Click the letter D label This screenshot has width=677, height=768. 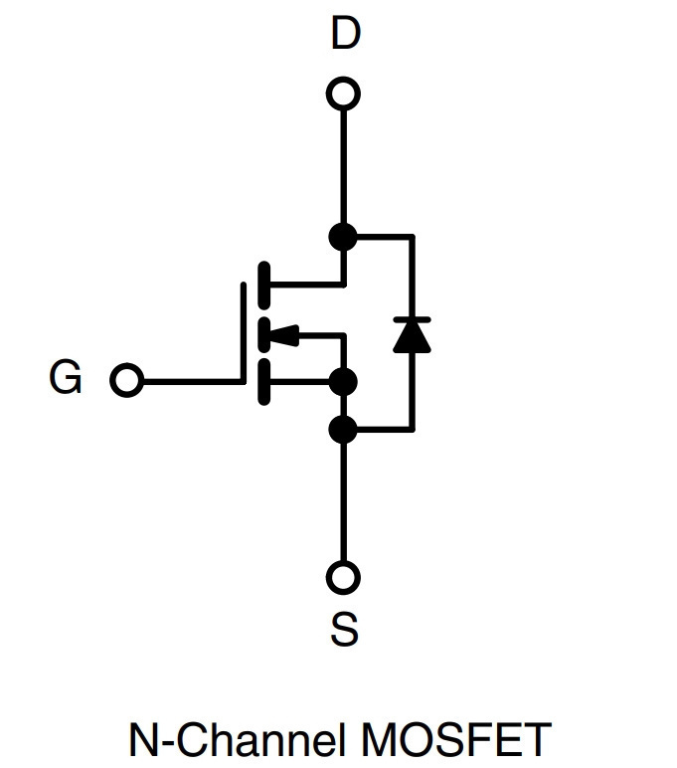(x=346, y=33)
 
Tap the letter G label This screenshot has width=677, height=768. (x=65, y=377)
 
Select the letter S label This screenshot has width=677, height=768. (x=344, y=629)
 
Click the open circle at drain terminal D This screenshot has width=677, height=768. (x=344, y=94)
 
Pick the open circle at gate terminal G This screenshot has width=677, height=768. (x=127, y=380)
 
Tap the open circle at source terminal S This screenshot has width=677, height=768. (x=343, y=577)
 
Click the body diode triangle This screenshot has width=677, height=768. (x=413, y=336)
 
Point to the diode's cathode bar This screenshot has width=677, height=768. (x=413, y=320)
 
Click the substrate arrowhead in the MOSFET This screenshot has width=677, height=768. (x=283, y=335)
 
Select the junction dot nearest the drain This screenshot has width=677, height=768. (x=343, y=237)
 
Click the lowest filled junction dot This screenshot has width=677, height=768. (x=343, y=430)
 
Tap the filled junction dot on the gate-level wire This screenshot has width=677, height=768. (x=343, y=382)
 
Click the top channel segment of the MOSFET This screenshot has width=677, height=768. (x=263, y=286)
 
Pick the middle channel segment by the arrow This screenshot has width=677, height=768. (x=263, y=335)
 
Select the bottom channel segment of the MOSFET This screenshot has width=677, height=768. (x=263, y=382)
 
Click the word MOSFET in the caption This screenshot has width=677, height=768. (x=455, y=739)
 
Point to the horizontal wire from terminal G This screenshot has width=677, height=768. (x=193, y=381)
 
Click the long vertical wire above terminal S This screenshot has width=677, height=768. (x=344, y=502)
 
